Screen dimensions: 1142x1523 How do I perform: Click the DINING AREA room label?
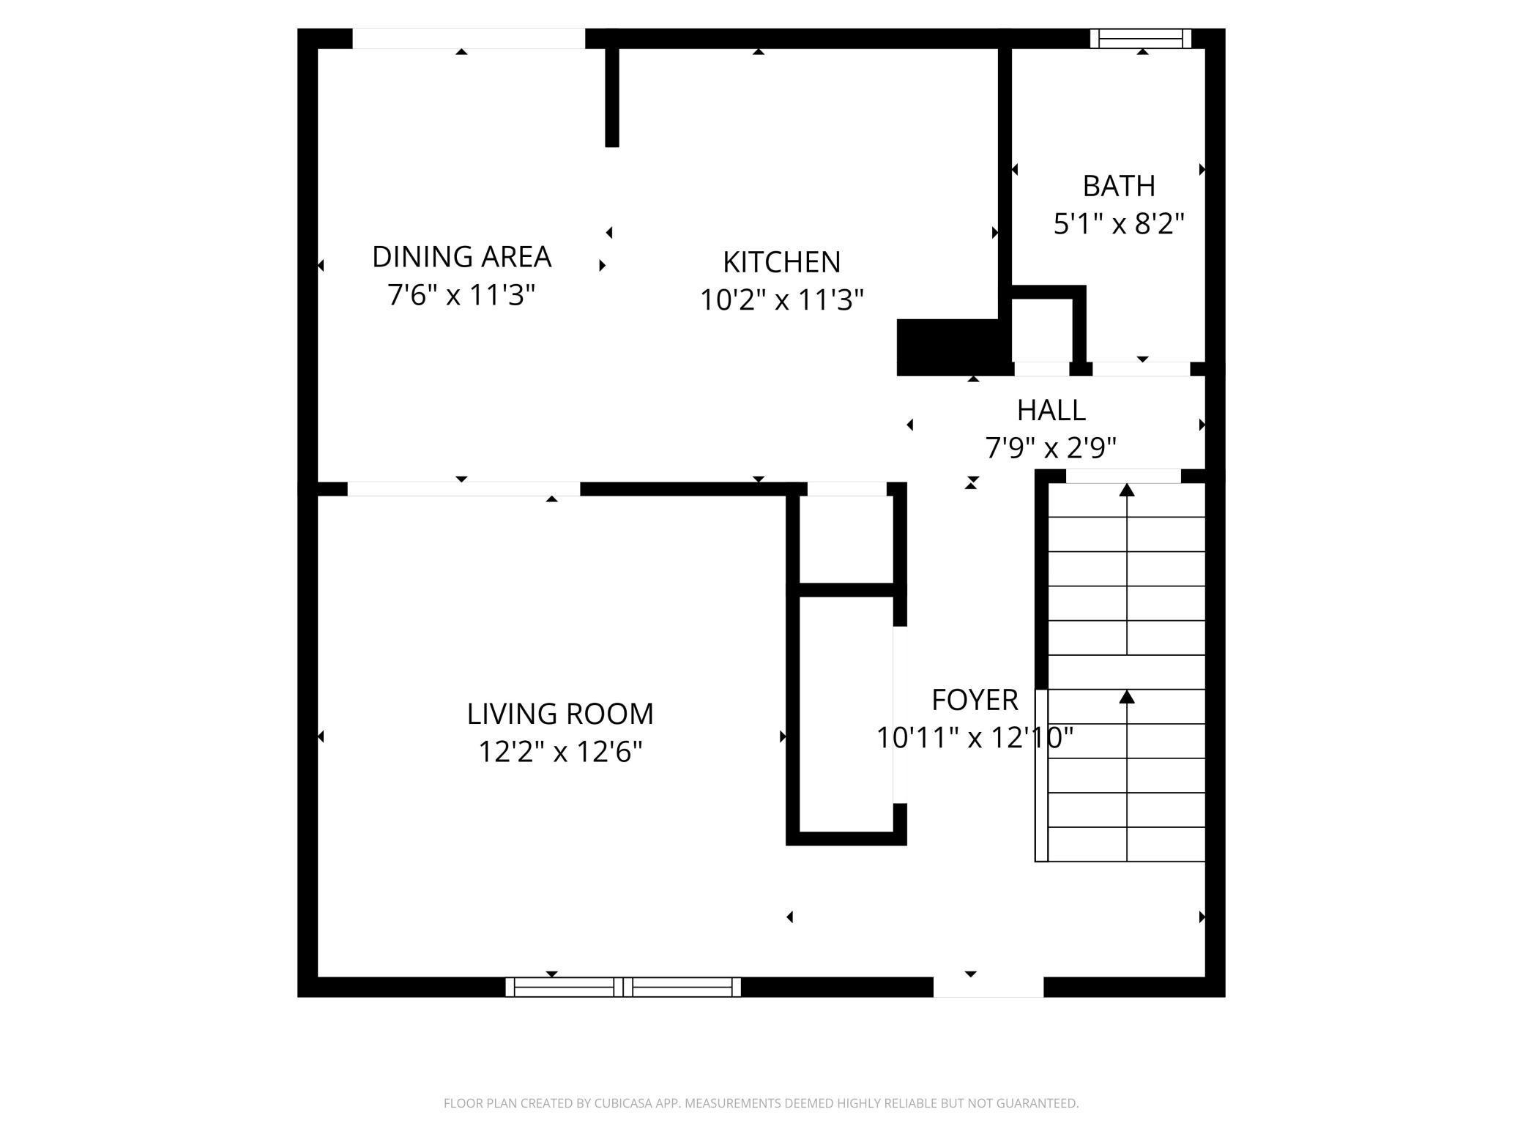pyautogui.click(x=461, y=257)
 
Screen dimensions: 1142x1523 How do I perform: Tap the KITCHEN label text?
pyautogui.click(x=781, y=262)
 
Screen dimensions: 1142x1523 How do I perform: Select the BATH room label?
pyautogui.click(x=1119, y=186)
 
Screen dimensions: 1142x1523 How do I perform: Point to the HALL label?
pyautogui.click(x=1051, y=410)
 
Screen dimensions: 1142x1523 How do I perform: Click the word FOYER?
pyautogui.click(x=975, y=700)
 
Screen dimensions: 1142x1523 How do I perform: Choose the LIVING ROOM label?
pyautogui.click(x=560, y=714)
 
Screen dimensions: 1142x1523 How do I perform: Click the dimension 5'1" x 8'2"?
pyautogui.click(x=1119, y=223)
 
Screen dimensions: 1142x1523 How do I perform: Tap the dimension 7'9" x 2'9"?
pyautogui.click(x=1051, y=447)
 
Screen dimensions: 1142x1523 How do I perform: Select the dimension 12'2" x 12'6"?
pyautogui.click(x=560, y=752)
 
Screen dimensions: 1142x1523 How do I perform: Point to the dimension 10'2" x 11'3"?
pyautogui.click(x=781, y=300)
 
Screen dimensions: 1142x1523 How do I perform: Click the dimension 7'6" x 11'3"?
pyautogui.click(x=461, y=295)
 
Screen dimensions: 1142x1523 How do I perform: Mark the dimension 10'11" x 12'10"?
pyautogui.click(x=975, y=738)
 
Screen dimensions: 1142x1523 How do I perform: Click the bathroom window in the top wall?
pyautogui.click(x=1140, y=38)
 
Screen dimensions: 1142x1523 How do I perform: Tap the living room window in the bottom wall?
pyautogui.click(x=623, y=987)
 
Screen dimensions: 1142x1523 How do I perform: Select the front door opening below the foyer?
pyautogui.click(x=988, y=987)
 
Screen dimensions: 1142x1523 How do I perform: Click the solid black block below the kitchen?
pyautogui.click(x=948, y=348)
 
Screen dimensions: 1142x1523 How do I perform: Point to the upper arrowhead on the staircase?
pyautogui.click(x=1127, y=490)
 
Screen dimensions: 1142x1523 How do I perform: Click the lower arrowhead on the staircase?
pyautogui.click(x=1127, y=697)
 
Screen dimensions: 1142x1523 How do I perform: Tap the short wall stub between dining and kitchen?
pyautogui.click(x=612, y=95)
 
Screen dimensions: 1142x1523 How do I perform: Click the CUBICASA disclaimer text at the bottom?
pyautogui.click(x=761, y=1103)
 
